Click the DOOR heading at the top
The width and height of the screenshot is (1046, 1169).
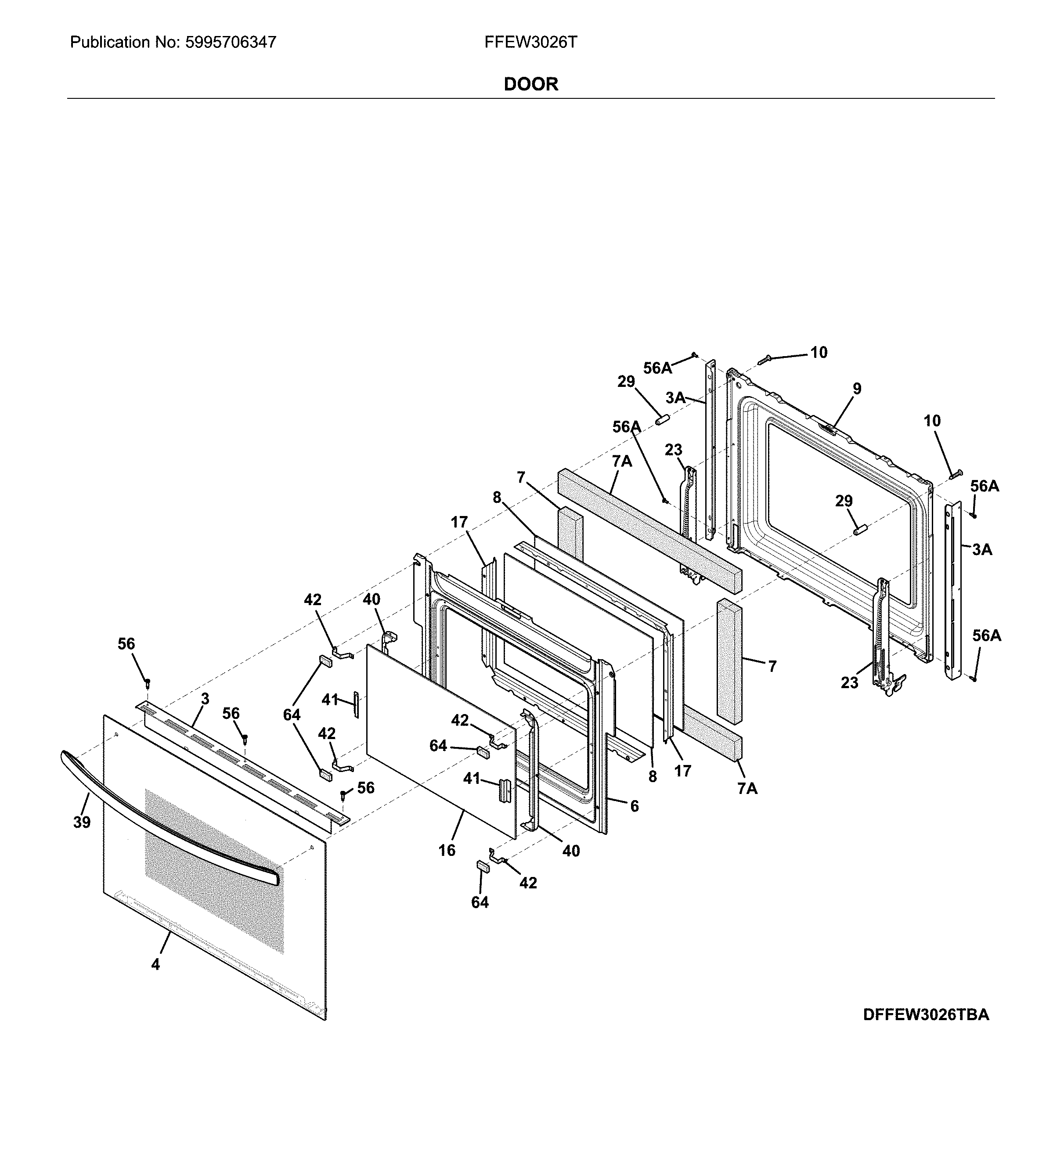(530, 84)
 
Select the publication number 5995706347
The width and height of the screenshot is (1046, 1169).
(231, 42)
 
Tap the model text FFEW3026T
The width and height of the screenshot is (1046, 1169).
(530, 42)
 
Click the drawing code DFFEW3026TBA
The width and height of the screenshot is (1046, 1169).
(925, 1014)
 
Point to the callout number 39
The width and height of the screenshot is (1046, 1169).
(82, 823)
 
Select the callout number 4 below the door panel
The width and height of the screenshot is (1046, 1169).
(155, 964)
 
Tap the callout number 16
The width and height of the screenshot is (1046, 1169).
(447, 850)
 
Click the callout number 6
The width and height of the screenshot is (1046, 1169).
(634, 806)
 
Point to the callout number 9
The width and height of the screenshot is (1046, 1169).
(856, 389)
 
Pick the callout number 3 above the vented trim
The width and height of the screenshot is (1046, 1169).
(205, 699)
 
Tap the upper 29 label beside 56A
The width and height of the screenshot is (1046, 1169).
(626, 382)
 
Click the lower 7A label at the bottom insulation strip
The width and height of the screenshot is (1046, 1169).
(747, 789)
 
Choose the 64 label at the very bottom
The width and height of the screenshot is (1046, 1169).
(480, 902)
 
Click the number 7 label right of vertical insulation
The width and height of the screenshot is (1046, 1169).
(772, 666)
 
